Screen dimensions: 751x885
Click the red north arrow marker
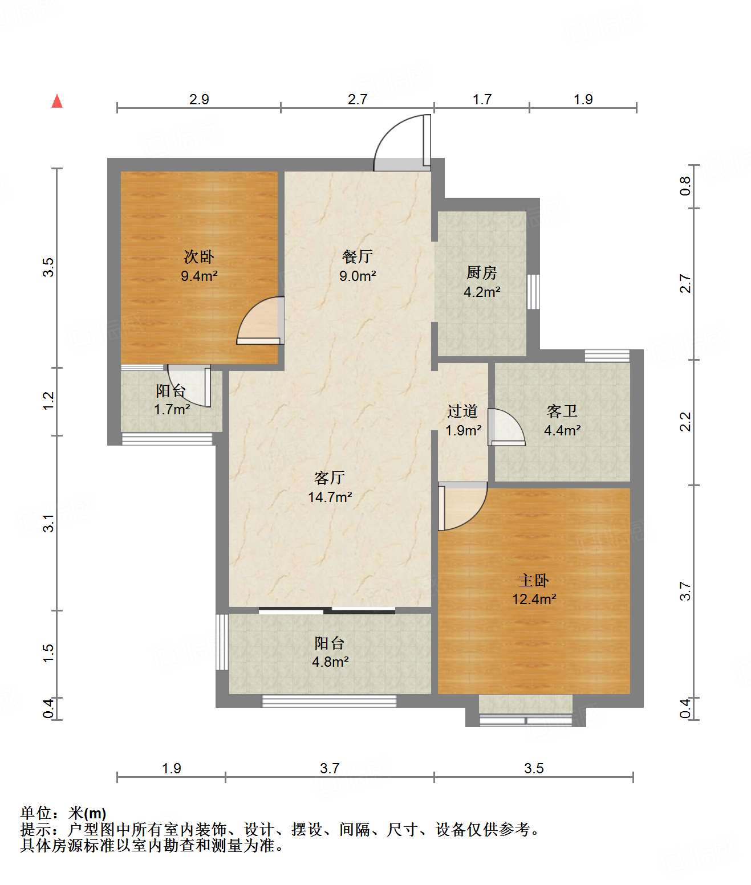57,101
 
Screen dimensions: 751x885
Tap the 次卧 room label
199,257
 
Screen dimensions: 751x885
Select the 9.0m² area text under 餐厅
358,276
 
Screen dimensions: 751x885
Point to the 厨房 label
481,273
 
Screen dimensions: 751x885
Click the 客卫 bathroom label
562,411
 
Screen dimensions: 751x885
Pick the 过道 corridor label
462,411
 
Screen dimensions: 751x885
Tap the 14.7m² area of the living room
330,497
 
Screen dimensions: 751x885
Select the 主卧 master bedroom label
533,581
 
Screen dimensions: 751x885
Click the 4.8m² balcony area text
330,662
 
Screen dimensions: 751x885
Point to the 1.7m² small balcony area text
172,410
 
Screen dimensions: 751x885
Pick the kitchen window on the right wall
533,292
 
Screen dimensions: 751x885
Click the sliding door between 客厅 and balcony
326,610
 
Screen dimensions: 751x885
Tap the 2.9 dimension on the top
199,99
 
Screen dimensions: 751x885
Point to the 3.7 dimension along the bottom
330,768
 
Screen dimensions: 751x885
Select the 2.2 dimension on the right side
685,422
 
